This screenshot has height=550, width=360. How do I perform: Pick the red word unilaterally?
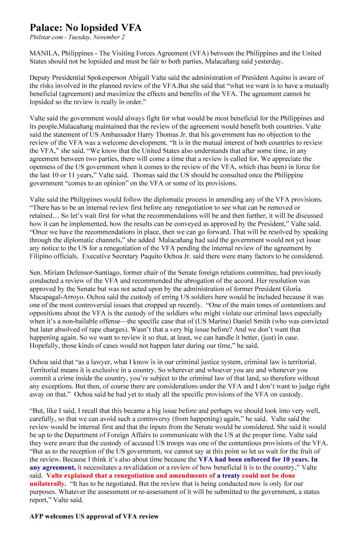point(48,484)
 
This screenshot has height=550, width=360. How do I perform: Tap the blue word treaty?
point(231,476)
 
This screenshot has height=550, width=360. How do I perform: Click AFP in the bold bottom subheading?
point(36,517)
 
